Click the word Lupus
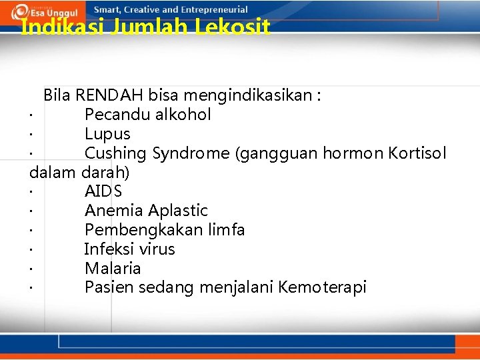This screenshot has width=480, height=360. [x=107, y=134]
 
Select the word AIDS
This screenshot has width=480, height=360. [x=103, y=191]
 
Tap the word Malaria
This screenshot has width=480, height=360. [x=113, y=269]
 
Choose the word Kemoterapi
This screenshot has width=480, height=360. [x=323, y=288]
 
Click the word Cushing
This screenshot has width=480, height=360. [x=115, y=153]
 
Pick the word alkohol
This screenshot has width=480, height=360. [x=183, y=115]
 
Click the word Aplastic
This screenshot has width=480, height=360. [x=178, y=211]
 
